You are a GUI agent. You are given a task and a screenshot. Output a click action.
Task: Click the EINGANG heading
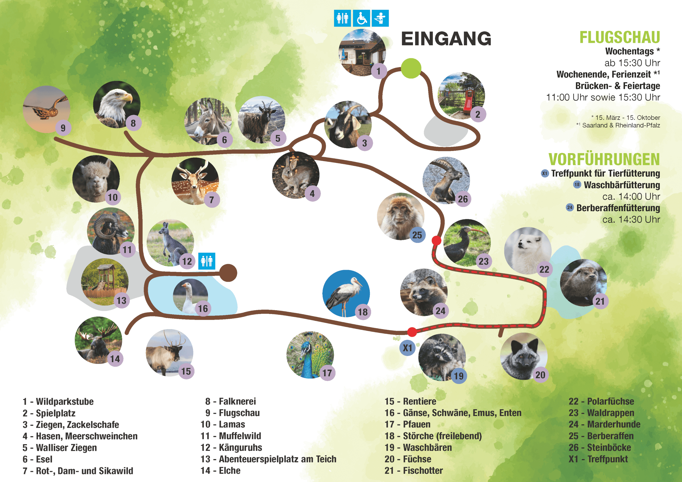446,39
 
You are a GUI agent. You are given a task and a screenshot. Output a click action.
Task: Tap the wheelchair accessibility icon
362,18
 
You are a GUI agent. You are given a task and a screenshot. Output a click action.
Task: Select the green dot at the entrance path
411,68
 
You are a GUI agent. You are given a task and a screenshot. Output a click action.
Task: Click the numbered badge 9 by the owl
63,128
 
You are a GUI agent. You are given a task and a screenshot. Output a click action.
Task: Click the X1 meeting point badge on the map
407,348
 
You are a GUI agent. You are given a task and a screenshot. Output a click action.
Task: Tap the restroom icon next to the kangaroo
207,261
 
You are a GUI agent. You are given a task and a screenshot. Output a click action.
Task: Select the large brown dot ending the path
228,273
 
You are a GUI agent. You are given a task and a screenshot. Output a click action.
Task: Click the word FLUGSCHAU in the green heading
620,38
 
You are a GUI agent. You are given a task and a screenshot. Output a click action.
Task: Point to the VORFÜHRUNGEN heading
604,160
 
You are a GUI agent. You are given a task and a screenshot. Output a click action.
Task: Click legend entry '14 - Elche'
220,471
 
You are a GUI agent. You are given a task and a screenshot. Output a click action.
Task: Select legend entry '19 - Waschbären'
418,448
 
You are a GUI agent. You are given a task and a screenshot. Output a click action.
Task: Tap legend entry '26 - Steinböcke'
600,448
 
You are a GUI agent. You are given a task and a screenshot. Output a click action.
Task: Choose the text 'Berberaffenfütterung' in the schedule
618,208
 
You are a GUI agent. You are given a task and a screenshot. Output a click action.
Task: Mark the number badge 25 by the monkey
417,235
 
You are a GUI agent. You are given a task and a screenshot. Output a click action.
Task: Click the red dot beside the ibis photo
436,240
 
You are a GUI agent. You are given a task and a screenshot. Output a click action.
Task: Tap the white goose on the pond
189,296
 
